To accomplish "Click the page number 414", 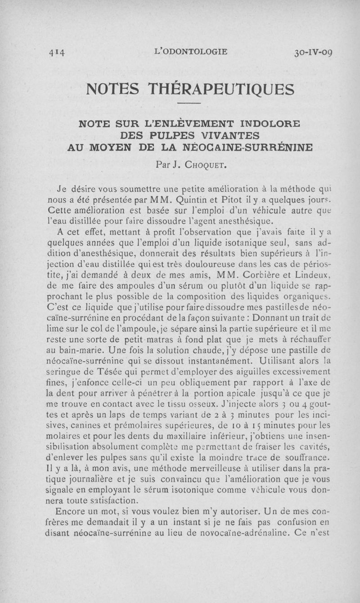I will (57, 52).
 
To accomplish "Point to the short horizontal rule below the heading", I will (189, 104).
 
